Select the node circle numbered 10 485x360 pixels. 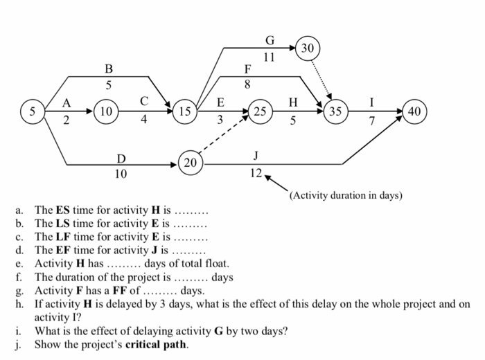click(x=106, y=111)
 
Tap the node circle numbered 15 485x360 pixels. click(x=185, y=111)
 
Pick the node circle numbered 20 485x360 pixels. click(x=191, y=163)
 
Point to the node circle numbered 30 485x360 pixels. click(x=308, y=48)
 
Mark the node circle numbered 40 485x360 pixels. click(x=414, y=111)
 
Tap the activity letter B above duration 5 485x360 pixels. click(x=108, y=69)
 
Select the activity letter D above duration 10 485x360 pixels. click(x=121, y=160)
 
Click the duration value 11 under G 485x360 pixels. click(x=270, y=58)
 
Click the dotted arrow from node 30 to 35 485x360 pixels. click(x=323, y=78)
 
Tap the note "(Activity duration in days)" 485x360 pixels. click(x=346, y=195)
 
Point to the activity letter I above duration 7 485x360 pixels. click(x=373, y=101)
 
